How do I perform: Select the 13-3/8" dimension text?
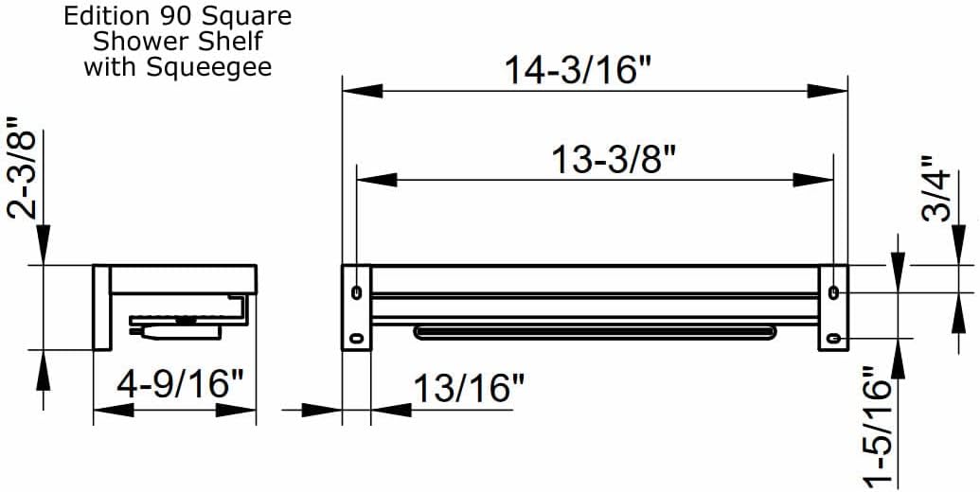[x=613, y=159]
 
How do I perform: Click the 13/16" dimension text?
[x=469, y=388]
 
